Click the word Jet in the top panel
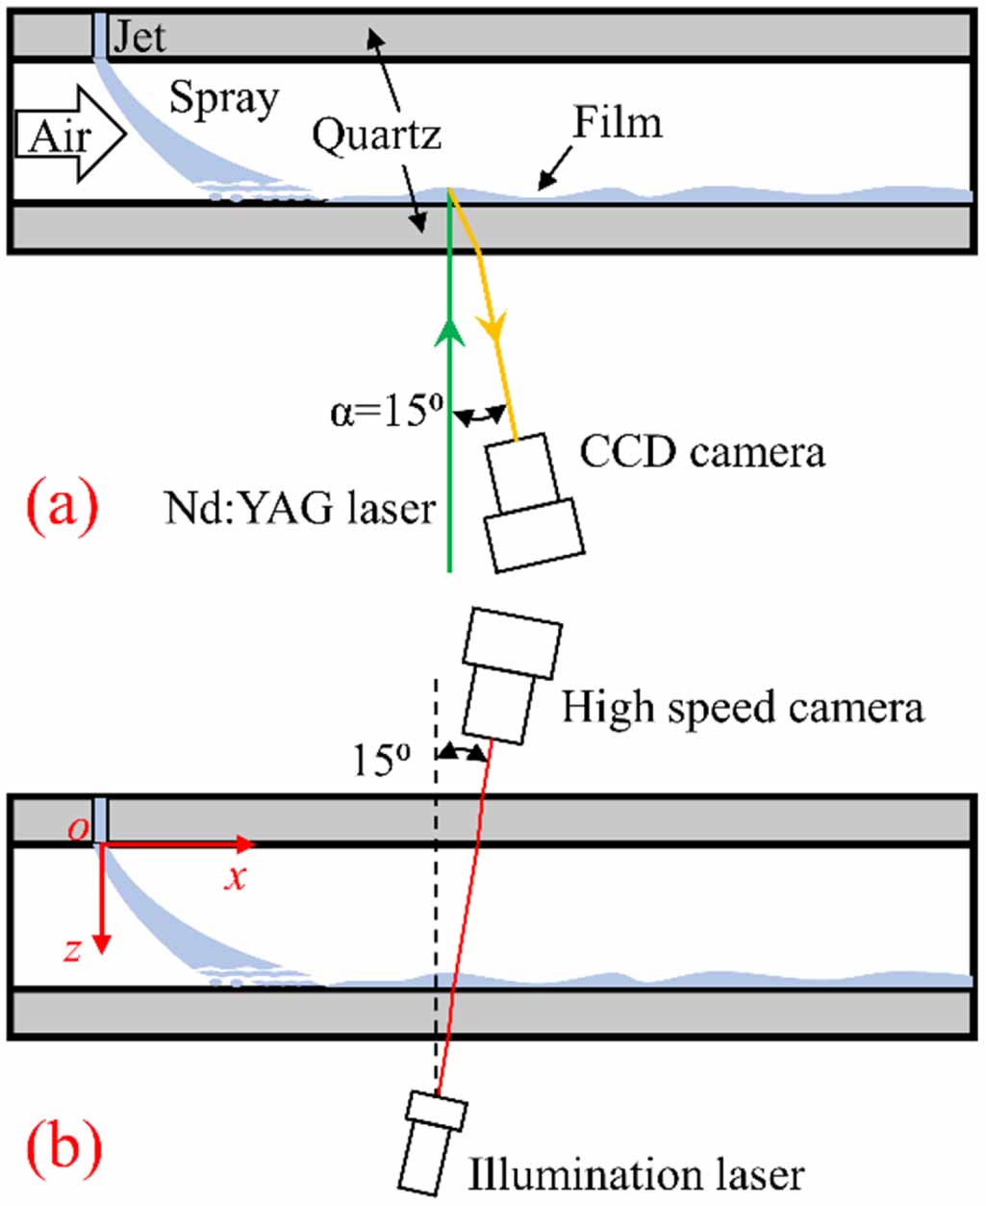coord(139,37)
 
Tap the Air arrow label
coord(60,138)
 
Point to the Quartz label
coord(376,136)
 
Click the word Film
coord(618,123)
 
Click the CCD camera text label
coord(702,452)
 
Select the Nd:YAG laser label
coord(300,507)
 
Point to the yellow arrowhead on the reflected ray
coord(496,331)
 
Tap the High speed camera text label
coord(743,708)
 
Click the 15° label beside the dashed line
coord(381,761)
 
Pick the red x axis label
coord(236,877)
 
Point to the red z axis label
coord(72,950)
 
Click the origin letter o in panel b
coord(77,829)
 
